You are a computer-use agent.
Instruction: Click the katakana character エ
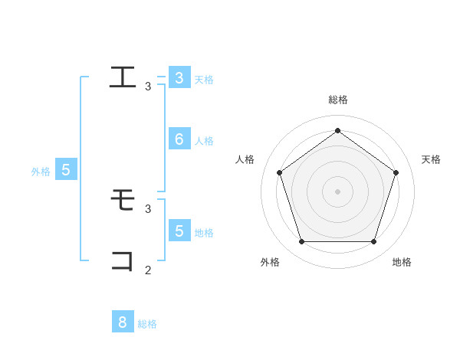click(123, 77)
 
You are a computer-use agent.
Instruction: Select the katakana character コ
click(123, 260)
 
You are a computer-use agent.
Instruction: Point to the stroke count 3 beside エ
click(148, 87)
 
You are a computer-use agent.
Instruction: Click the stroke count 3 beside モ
click(148, 208)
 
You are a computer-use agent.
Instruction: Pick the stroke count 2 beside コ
click(148, 270)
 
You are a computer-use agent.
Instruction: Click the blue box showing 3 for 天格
click(179, 77)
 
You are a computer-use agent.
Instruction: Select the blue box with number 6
click(179, 139)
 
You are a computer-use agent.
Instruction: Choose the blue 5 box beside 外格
click(65, 170)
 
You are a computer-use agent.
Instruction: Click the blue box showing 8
click(122, 322)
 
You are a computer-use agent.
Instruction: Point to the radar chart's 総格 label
click(337, 100)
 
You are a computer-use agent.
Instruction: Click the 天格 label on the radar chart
click(432, 159)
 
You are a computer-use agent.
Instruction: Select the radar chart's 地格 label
click(402, 262)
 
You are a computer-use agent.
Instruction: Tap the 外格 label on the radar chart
click(270, 262)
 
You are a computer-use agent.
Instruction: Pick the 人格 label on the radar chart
click(245, 159)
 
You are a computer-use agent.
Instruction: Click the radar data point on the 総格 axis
click(337, 130)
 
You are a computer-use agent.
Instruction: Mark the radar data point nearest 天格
click(396, 172)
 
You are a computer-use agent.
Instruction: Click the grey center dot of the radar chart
click(337, 191)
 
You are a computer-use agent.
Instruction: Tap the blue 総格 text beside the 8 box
click(147, 324)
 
